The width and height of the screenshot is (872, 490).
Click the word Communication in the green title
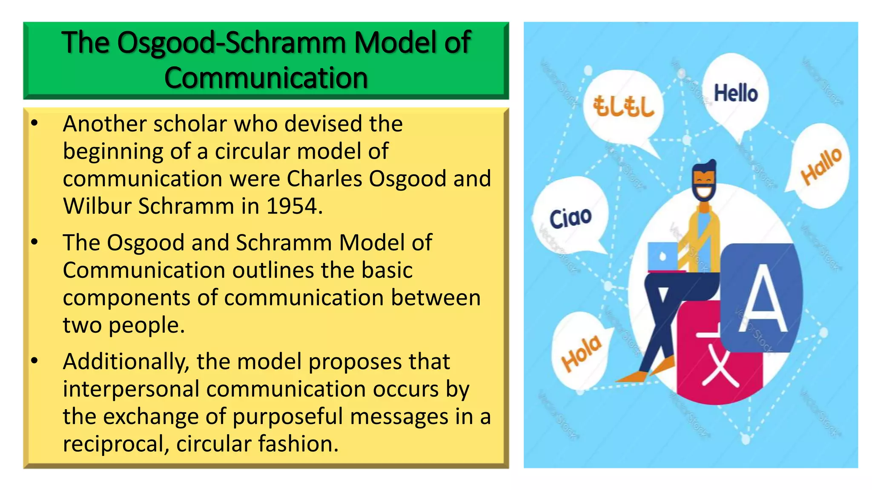[x=266, y=78]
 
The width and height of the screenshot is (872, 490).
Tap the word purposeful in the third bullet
[x=287, y=417]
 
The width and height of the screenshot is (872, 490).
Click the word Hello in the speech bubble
[x=736, y=93]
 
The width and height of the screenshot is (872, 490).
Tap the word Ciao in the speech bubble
[x=570, y=218]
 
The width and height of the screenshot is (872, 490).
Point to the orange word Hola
[x=581, y=353]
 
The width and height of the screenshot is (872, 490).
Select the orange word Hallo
[x=821, y=166]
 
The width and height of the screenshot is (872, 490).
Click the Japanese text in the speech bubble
[x=623, y=106]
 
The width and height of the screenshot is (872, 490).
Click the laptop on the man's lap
[x=663, y=256]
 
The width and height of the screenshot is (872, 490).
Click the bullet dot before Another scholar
[x=34, y=124]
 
